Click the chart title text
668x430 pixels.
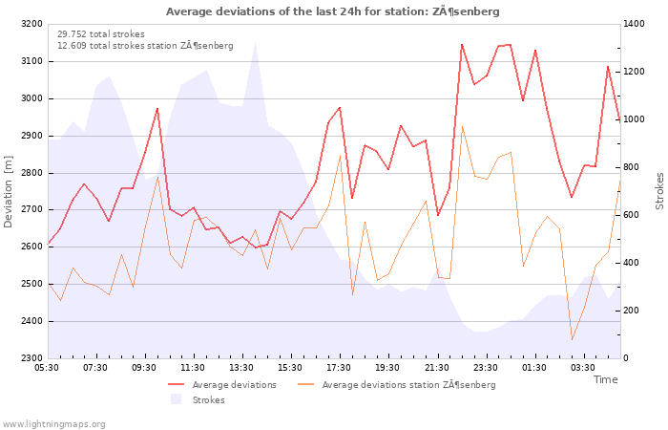pos(332,11)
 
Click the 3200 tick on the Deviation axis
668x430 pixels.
pos(31,24)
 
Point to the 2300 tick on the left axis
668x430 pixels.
pos(31,358)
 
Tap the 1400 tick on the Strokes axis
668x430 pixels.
pos(634,24)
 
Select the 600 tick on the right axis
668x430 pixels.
pos(631,215)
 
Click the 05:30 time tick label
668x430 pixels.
pos(47,368)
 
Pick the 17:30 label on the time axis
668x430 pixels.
pos(339,368)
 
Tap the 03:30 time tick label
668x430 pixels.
pos(583,368)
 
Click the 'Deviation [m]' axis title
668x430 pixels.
pos(8,191)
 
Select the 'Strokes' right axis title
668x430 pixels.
pos(659,191)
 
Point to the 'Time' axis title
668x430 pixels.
pos(605,379)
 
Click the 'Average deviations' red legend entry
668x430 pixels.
pos(222,385)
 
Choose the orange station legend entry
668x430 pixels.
pos(397,385)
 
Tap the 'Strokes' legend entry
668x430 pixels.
pos(198,400)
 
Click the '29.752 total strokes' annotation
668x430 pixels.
pos(101,34)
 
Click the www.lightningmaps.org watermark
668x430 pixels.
pos(53,424)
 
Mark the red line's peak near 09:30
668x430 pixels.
pos(157,108)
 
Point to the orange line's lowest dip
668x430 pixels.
pos(572,340)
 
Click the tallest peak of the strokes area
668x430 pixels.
pos(255,43)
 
